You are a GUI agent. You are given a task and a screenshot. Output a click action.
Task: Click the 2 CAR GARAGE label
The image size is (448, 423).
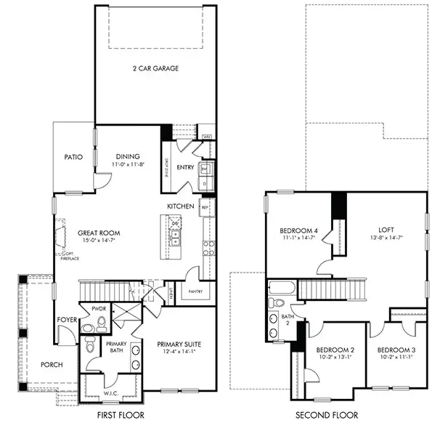click(155, 69)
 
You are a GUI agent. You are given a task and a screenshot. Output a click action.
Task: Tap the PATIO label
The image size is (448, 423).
click(73, 156)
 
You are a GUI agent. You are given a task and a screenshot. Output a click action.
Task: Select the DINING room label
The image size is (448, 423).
click(128, 156)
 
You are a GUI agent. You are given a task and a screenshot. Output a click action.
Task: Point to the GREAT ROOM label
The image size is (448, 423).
click(99, 233)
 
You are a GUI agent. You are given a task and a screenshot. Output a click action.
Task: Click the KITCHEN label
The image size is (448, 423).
click(180, 206)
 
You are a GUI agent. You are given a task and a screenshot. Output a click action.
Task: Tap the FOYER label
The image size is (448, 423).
click(66, 319)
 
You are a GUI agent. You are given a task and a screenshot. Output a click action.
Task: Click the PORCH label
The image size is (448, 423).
click(52, 365)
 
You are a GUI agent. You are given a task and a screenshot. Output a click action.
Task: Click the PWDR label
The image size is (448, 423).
click(99, 309)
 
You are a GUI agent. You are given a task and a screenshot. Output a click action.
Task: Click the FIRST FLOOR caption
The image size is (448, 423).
click(121, 415)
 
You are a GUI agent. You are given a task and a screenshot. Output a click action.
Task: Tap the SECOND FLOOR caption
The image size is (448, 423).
click(328, 415)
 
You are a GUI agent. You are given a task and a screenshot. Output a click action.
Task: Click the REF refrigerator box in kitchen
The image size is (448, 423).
click(205, 208)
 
